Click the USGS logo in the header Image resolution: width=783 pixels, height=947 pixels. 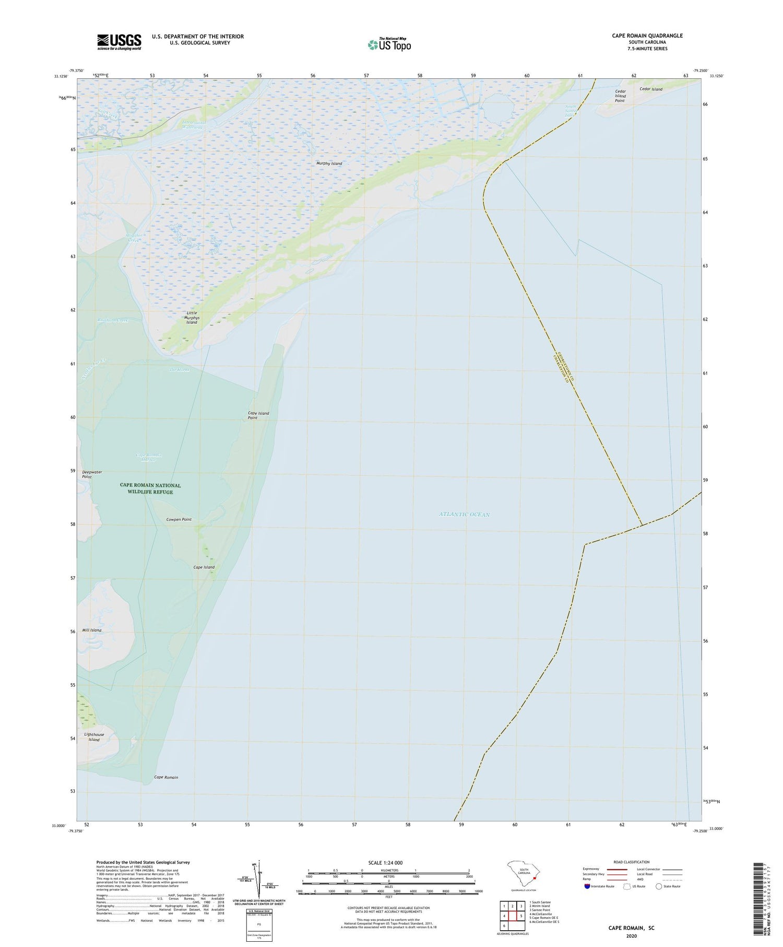pos(119,42)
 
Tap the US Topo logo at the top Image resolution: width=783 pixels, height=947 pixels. pos(389,45)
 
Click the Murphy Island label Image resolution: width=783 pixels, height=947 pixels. pos(329,163)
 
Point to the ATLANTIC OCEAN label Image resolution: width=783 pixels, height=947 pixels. pos(464,515)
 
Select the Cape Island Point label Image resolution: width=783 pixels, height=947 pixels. pos(258,415)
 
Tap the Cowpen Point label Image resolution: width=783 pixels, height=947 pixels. pos(179,519)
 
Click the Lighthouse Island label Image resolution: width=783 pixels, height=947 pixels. pos(94,737)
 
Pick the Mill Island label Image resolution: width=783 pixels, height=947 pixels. pos(91,630)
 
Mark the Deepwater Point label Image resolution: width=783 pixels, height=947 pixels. pos(92,474)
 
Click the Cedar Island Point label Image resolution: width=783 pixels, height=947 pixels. pos(620,96)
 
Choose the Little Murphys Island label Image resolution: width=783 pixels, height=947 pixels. pos(192,318)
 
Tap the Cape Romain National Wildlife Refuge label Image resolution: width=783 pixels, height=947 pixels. pos(150,488)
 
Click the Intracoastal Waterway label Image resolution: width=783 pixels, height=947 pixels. pos(194,125)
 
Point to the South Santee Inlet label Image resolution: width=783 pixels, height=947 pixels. pos(571,111)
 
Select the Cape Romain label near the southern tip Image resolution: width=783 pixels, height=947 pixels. pos(166,777)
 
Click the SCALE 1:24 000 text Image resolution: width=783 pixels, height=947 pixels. pos(385,862)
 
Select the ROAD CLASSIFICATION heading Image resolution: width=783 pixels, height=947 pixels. pos(631,862)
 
